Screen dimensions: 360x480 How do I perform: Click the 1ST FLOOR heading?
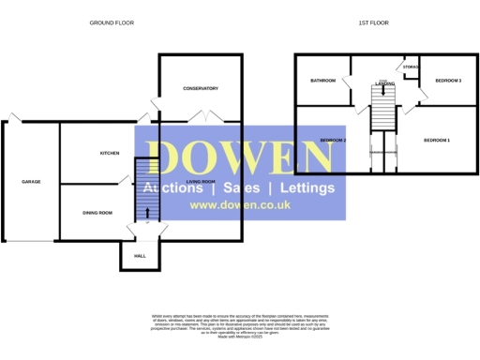point(372,22)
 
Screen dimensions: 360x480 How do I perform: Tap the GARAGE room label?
point(31,181)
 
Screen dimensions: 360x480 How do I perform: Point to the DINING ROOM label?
point(97,213)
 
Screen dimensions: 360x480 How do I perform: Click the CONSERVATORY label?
point(200,88)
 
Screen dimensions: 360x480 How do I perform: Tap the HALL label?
point(140,255)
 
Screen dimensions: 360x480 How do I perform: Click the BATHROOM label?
point(323,81)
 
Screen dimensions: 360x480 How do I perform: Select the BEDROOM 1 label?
point(437,141)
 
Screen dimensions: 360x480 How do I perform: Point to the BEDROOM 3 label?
point(448,81)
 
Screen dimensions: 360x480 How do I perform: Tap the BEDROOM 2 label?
point(333,141)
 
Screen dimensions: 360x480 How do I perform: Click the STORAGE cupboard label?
point(410,67)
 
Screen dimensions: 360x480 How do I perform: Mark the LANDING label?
point(384,83)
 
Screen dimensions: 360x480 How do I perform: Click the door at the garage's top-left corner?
point(11,117)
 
